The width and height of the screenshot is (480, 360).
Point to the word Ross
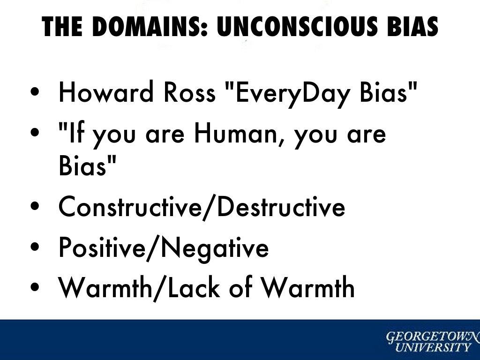point(189,92)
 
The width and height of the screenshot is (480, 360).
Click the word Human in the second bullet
point(236,134)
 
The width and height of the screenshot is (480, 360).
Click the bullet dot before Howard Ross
point(35,91)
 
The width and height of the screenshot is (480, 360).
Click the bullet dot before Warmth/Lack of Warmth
point(35,287)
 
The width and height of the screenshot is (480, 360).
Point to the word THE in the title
point(62,26)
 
